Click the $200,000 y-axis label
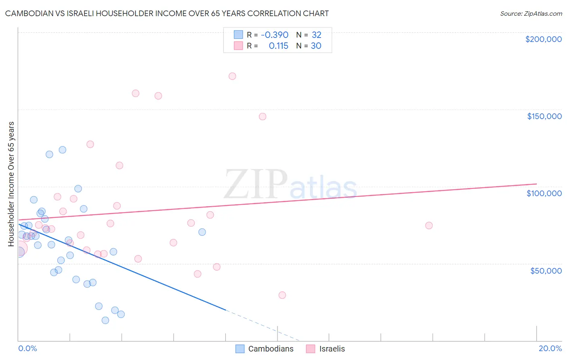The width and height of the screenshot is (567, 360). [543, 39]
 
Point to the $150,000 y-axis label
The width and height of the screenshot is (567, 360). [544, 116]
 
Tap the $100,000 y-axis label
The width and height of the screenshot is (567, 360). [544, 193]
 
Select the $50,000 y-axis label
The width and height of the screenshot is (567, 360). [546, 271]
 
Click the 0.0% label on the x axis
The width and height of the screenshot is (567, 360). [27, 348]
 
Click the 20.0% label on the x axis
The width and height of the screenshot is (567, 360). [550, 348]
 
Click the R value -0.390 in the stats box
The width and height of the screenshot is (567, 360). [275, 35]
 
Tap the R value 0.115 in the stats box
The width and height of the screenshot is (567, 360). [278, 46]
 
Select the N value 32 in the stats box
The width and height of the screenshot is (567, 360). [317, 35]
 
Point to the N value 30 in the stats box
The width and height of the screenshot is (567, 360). [316, 46]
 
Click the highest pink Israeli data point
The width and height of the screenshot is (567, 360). [232, 76]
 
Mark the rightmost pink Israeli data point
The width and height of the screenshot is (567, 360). [429, 226]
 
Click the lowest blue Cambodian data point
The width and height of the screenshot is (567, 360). [105, 320]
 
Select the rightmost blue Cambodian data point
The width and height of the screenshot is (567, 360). [202, 232]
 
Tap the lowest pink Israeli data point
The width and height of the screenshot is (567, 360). [282, 295]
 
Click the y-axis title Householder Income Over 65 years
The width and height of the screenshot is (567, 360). [11, 184]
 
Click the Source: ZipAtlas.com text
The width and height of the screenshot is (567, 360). [531, 14]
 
